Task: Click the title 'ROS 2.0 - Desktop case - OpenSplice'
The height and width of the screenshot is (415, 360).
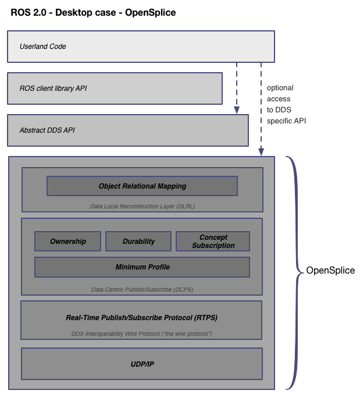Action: tap(93, 12)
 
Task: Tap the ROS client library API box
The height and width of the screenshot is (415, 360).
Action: tap(115, 88)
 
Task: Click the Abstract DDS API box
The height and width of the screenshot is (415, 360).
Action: tap(127, 130)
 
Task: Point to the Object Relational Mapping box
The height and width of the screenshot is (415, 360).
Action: tap(142, 186)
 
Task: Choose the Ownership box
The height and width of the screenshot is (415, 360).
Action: tap(67, 242)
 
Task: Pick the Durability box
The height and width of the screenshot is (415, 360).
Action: tap(138, 242)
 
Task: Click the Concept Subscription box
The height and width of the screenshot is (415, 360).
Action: tap(213, 242)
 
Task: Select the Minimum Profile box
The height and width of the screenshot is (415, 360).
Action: tap(142, 267)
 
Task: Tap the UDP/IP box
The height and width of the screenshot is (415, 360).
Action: tap(142, 364)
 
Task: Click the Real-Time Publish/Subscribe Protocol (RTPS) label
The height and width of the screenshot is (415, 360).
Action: tap(142, 318)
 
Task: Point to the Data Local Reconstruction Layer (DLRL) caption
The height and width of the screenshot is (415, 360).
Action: tap(142, 206)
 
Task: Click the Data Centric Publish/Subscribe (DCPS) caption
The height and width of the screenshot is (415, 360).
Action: tap(142, 289)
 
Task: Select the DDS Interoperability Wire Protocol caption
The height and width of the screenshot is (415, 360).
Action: tap(142, 334)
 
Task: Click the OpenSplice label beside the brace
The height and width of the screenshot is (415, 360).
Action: tap(330, 271)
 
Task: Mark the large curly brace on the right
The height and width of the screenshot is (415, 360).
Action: tap(294, 272)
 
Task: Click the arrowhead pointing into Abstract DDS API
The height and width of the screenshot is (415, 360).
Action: tap(237, 109)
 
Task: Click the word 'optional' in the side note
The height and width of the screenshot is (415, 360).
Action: tap(280, 88)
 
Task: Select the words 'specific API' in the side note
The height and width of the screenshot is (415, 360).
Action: tap(286, 121)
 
